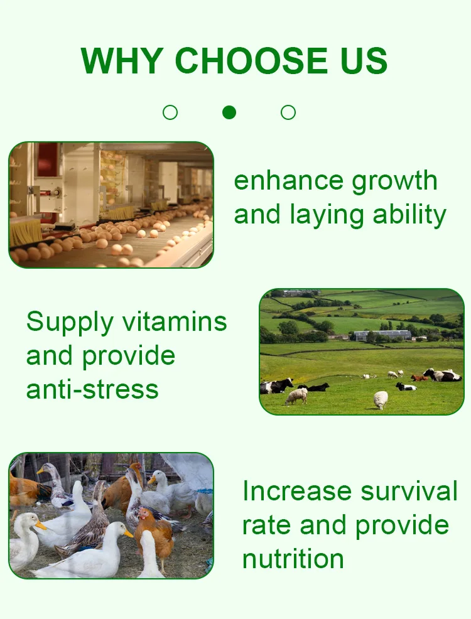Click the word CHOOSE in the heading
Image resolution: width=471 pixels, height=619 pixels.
pos(251,60)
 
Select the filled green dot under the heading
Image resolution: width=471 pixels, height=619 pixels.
pos(229,112)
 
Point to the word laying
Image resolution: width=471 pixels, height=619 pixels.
pos(327,216)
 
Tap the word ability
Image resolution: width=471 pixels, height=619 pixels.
pos(409,216)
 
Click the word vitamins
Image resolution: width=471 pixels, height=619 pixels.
pos(175,321)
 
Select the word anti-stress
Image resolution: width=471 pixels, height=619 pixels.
pos(92,389)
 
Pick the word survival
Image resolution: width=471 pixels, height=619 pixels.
pos(409,491)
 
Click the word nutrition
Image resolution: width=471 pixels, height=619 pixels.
pos(293,559)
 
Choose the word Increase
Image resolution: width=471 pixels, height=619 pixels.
pos(297,491)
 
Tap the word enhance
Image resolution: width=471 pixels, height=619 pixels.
pos(289,181)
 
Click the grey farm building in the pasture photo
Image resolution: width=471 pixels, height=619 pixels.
pos(382,336)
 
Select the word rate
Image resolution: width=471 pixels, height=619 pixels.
pos(267,525)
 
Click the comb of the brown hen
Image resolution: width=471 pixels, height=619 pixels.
pos(143,510)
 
